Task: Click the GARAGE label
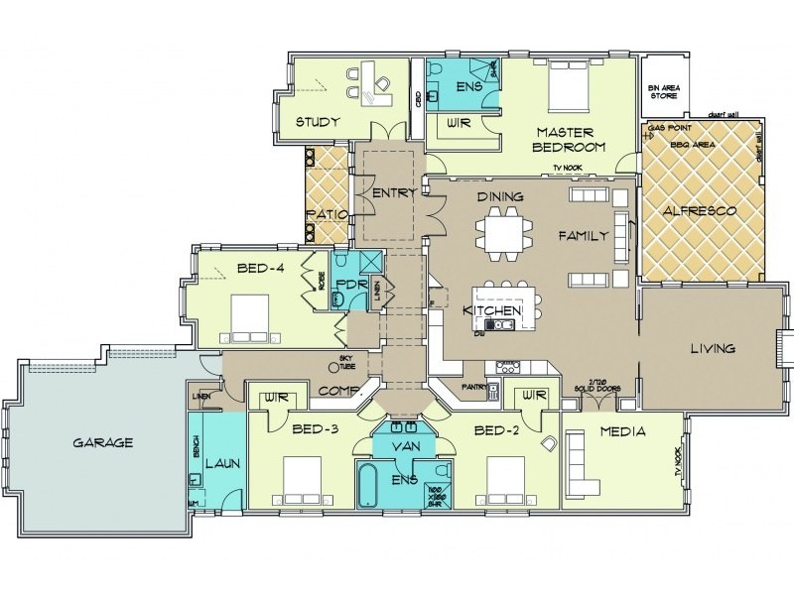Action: click(102, 442)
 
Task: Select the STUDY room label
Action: click(318, 122)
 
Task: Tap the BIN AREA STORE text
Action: click(663, 92)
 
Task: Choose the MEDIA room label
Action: click(622, 431)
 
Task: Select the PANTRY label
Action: click(472, 386)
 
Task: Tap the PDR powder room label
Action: click(351, 285)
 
